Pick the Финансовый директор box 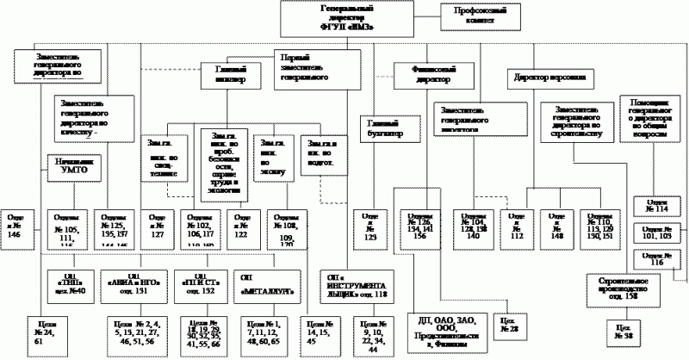pyautogui.click(x=432, y=72)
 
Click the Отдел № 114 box pyautogui.click(x=658, y=204)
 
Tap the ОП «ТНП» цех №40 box pyautogui.click(x=71, y=284)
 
